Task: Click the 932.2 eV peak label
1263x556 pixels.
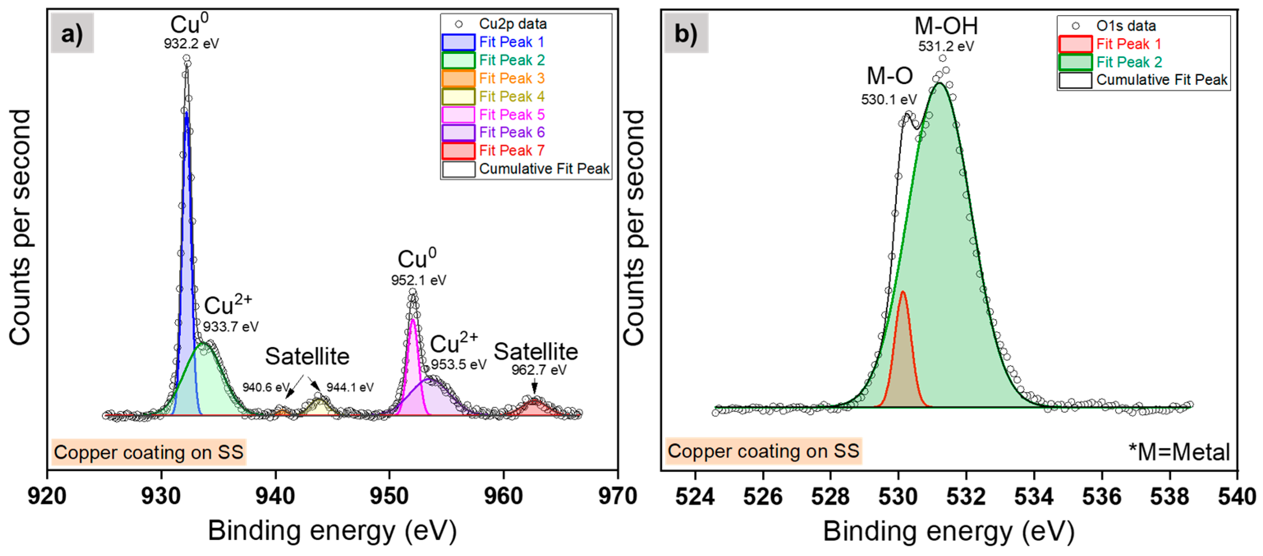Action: pyautogui.click(x=191, y=44)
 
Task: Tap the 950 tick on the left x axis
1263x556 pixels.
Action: pyautogui.click(x=389, y=496)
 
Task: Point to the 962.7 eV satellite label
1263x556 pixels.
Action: pyautogui.click(x=538, y=369)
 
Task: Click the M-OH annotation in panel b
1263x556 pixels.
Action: pyautogui.click(x=946, y=26)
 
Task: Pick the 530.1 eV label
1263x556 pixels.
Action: pyautogui.click(x=888, y=100)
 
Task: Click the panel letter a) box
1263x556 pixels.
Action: pyautogui.click(x=72, y=34)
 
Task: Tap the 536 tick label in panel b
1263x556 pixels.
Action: pyautogui.click(x=1102, y=496)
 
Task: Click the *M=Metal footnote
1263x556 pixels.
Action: pyautogui.click(x=1179, y=452)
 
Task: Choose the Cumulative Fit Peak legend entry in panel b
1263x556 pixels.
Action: pyautogui.click(x=1161, y=80)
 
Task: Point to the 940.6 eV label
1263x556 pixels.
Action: pyautogui.click(x=265, y=388)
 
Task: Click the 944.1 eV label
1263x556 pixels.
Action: pyautogui.click(x=350, y=388)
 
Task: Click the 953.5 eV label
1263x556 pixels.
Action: pyautogui.click(x=458, y=365)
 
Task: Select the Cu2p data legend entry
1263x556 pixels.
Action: pyautogui.click(x=512, y=24)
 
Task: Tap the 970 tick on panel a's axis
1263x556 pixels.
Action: pyautogui.click(x=617, y=496)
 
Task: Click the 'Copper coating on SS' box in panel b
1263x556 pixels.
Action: pyautogui.click(x=763, y=451)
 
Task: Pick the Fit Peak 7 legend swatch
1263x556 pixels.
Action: pyautogui.click(x=458, y=151)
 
